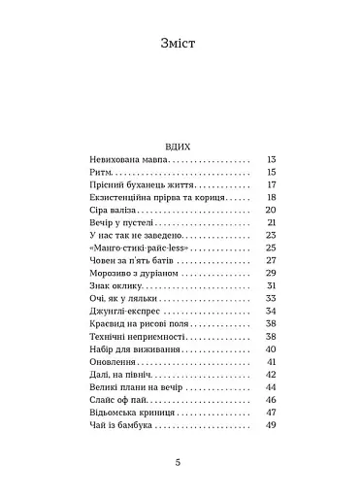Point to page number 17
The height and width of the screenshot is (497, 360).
pos(272,184)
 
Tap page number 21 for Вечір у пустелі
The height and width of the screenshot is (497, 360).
pos(272,222)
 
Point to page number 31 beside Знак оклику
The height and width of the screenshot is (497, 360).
pos(272,286)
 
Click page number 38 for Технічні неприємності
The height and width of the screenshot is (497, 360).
pos(272,337)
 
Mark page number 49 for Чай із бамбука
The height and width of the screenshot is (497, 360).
pos(272,425)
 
